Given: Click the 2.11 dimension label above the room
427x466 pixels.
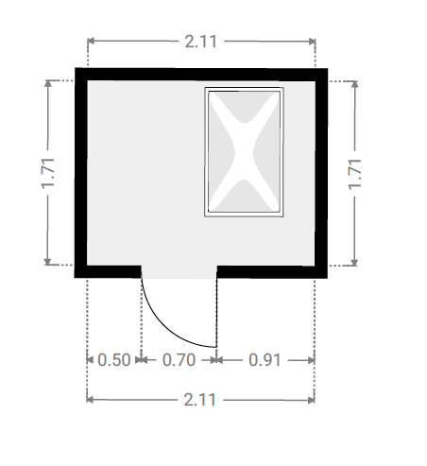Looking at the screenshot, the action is point(200,42).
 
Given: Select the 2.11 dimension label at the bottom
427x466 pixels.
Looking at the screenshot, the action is point(200,400).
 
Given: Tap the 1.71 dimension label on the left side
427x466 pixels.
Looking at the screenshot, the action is point(48,173).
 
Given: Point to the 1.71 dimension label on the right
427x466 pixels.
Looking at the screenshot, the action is point(354,174).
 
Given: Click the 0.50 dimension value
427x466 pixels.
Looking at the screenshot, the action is point(114,360).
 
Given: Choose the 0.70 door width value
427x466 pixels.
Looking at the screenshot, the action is point(179,360).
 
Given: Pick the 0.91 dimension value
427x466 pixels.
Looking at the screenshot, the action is point(265,360).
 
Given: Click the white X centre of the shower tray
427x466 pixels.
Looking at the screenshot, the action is point(244,152).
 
